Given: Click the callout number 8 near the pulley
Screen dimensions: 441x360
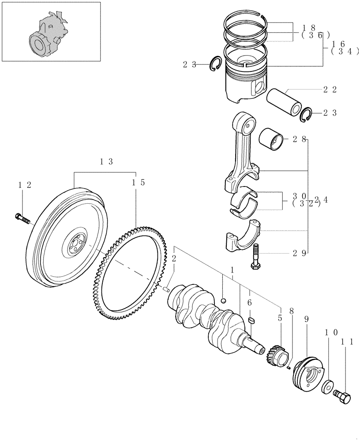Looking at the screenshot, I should click(291, 310).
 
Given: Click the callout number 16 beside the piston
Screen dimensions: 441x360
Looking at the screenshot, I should click(338, 44).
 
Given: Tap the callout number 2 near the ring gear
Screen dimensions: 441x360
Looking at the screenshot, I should click(174, 258).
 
